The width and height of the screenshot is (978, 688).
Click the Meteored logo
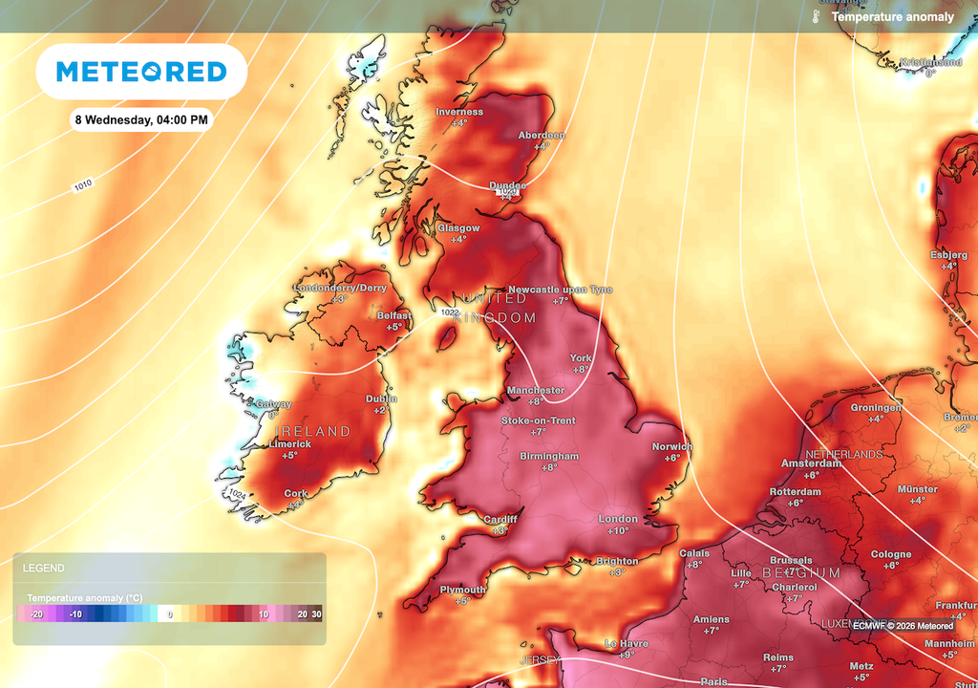(141, 72)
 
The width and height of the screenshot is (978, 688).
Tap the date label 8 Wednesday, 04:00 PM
(141, 120)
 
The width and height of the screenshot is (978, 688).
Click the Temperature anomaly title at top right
(892, 17)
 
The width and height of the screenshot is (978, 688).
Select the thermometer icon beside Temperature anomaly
(817, 17)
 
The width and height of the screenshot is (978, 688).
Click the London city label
(617, 519)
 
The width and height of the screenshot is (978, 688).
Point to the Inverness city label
(459, 112)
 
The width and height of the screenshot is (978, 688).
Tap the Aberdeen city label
(542, 136)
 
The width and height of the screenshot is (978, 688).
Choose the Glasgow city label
(457, 228)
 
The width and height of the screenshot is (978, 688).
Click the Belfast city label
(393, 315)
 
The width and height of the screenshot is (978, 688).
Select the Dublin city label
(381, 399)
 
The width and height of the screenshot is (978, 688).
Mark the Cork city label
(296, 494)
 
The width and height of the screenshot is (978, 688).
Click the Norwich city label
(672, 447)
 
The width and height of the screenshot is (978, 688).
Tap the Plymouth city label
(462, 591)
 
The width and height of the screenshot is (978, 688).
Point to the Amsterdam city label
(811, 463)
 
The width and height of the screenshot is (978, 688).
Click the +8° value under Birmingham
(548, 468)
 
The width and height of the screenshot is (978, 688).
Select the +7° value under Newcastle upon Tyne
(560, 301)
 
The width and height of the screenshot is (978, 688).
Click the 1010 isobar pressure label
(84, 185)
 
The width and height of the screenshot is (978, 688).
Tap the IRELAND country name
(315, 432)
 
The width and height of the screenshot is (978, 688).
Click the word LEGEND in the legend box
(44, 568)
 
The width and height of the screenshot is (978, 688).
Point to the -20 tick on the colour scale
(36, 614)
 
